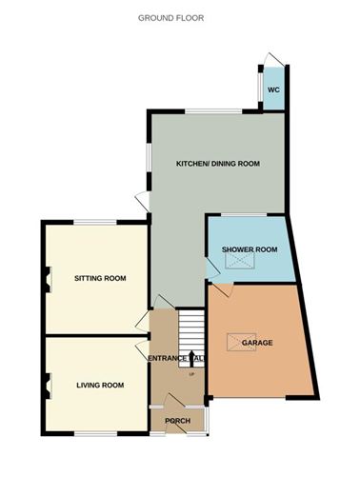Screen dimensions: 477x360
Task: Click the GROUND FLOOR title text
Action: coord(170,18)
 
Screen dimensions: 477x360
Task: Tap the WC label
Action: coord(273,89)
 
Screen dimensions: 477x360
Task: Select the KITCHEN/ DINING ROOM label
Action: coord(218,164)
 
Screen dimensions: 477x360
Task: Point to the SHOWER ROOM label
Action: coord(249,249)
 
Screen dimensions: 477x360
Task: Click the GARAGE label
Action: coord(257,342)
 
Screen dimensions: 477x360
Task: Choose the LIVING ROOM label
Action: coord(101,385)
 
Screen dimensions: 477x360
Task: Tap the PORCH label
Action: coord(178,421)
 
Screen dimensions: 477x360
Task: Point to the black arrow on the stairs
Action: coord(192,358)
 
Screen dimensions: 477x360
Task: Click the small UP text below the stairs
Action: coord(192,374)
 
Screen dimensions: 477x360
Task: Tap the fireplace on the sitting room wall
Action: coord(44,279)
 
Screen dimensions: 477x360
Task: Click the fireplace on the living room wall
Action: coord(44,385)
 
